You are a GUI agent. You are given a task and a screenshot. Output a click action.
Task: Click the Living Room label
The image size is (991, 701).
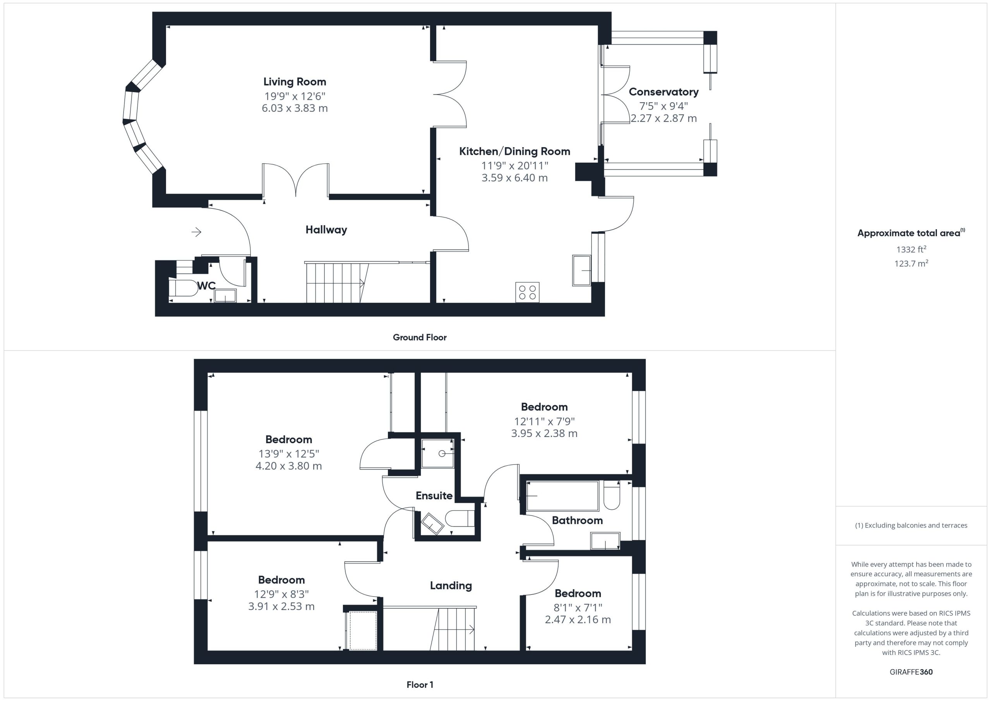295,82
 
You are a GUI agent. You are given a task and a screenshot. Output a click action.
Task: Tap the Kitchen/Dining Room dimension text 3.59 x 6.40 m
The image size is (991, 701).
514,177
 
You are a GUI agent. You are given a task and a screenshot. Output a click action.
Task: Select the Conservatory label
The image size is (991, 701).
664,92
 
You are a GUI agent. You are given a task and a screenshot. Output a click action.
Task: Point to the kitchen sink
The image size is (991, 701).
581,270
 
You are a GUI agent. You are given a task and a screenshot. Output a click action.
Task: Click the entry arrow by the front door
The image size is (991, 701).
196,232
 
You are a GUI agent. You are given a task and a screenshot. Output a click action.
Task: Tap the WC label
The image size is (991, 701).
206,286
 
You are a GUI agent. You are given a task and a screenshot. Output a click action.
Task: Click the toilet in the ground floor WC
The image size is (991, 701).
183,288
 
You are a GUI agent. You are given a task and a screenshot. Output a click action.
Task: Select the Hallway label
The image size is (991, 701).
326,230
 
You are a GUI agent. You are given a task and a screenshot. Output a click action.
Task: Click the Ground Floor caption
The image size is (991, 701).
420,338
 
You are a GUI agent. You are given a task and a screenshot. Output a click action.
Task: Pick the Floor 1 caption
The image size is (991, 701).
420,685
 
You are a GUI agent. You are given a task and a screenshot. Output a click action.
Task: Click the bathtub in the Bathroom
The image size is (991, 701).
562,496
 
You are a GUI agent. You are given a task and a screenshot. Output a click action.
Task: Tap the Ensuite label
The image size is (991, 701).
434,495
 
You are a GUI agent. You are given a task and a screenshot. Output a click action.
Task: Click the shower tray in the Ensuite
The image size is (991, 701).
438,453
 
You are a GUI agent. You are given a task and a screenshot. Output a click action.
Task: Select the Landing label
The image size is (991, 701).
451,586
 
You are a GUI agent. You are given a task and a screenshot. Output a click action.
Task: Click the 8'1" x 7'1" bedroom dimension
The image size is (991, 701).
578,607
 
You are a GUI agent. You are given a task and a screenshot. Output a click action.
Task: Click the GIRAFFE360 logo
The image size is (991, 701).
911,672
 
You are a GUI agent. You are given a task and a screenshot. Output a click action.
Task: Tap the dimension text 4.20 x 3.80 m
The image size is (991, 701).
289,466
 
